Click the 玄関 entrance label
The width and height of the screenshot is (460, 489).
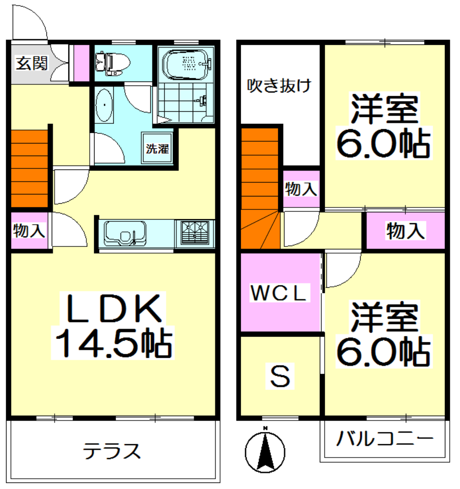pyautogui.click(x=32, y=64)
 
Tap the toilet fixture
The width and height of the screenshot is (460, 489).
pyautogui.click(x=112, y=64)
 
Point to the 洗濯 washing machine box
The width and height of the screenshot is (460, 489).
pyautogui.click(x=157, y=148)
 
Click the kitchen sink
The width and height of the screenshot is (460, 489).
pyautogui.click(x=125, y=233)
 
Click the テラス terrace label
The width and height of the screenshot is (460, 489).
pyautogui.click(x=112, y=451)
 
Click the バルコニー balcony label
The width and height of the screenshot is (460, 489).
pyautogui.click(x=384, y=439)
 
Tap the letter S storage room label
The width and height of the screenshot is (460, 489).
pyautogui.click(x=280, y=377)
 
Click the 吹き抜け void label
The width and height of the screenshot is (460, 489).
pyautogui.click(x=280, y=86)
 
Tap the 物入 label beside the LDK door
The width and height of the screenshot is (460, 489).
pyautogui.click(x=29, y=231)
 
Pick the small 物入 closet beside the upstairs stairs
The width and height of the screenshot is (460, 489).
pyautogui.click(x=301, y=189)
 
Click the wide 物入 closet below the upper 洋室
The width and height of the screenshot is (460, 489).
pyautogui.click(x=405, y=231)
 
